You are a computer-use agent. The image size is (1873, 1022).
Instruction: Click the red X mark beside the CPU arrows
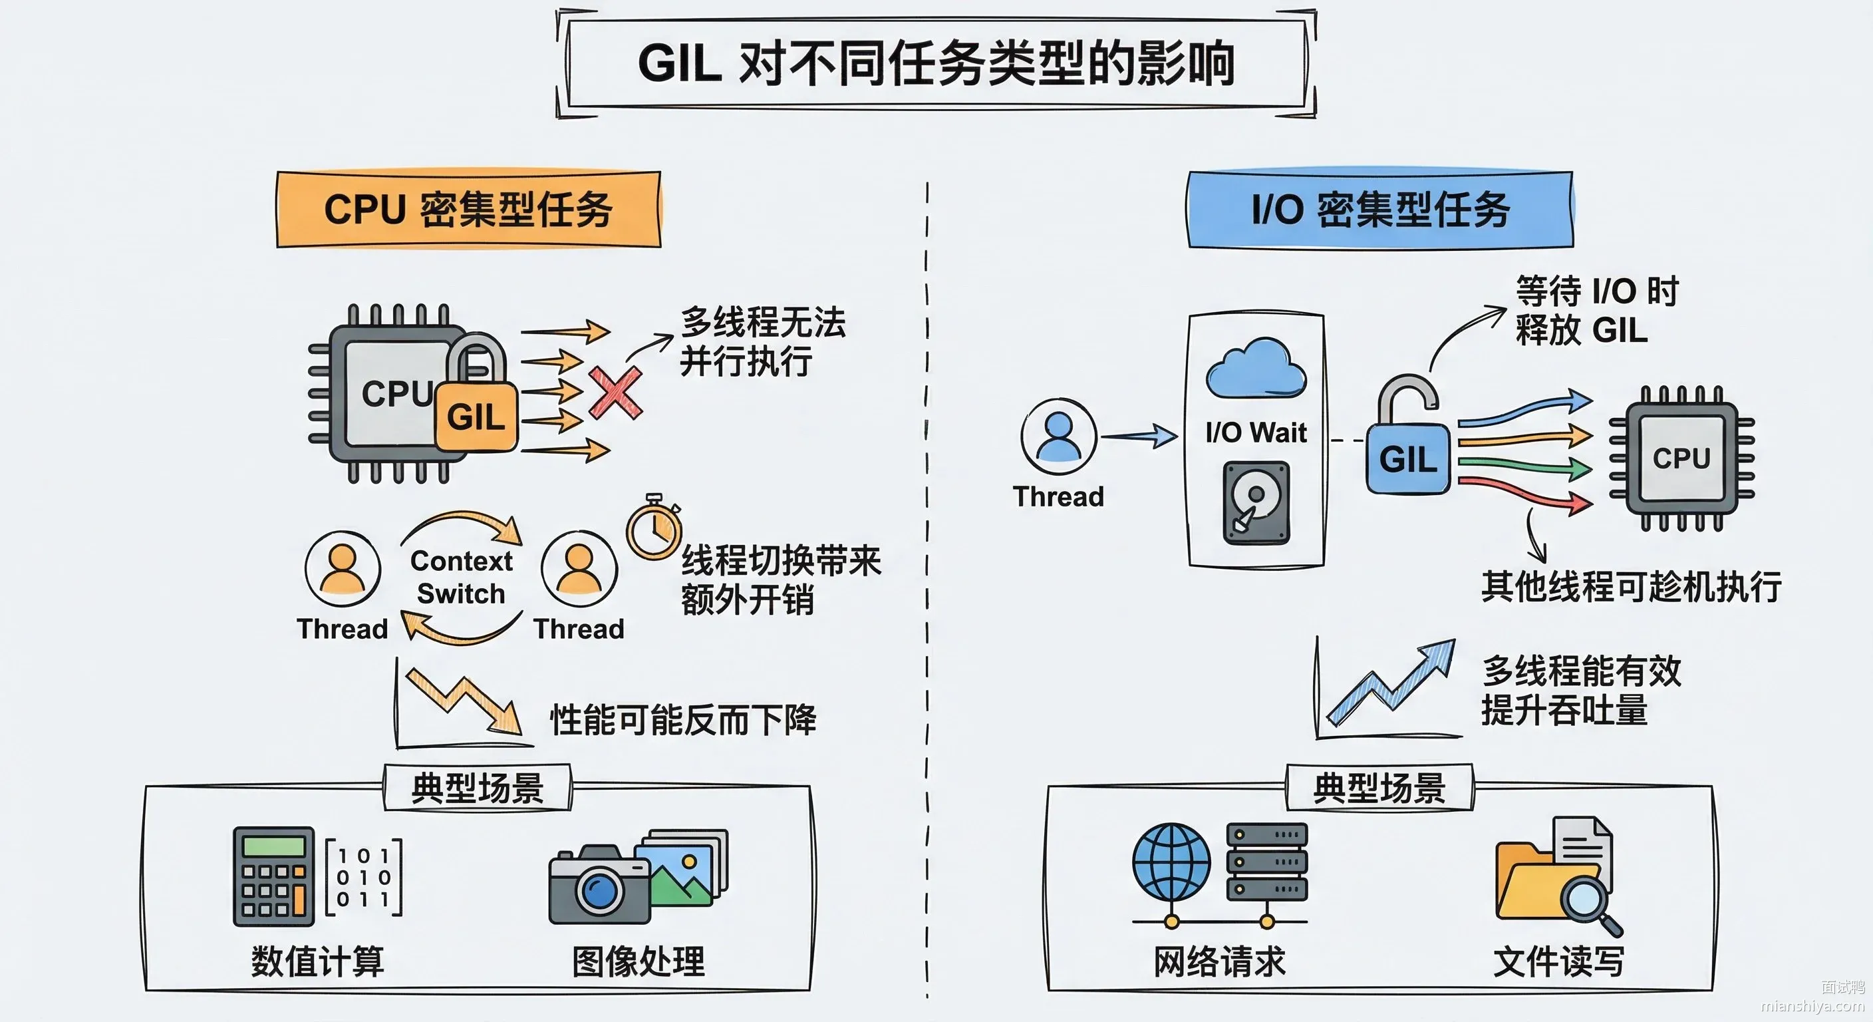point(615,393)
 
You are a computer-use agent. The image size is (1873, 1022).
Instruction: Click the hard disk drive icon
point(1256,502)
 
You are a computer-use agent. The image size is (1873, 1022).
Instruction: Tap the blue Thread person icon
point(1059,436)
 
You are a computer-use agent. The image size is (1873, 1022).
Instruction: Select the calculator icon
point(273,876)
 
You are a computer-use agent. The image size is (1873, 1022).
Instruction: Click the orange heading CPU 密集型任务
point(468,210)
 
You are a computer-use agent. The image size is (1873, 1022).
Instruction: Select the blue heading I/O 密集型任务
point(1380,210)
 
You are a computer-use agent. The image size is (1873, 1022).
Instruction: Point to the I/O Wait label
point(1256,432)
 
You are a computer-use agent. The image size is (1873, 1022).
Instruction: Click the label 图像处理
point(639,961)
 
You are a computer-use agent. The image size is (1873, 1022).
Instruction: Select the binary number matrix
point(364,876)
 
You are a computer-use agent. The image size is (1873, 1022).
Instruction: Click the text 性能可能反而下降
point(682,720)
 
